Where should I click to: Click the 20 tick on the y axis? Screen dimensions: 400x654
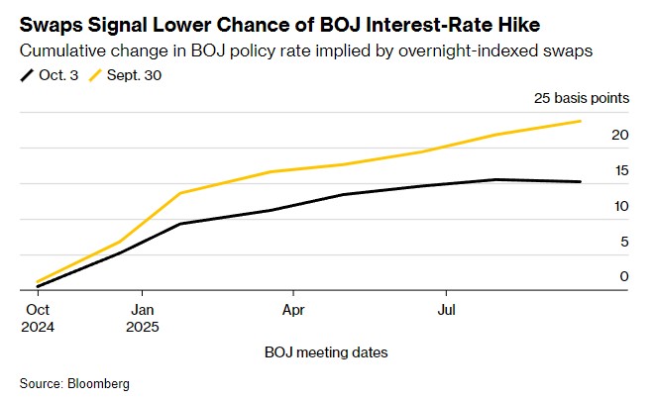tap(622, 136)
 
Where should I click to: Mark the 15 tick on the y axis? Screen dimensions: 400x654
tap(622, 171)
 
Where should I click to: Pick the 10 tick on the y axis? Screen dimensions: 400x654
tap(622, 206)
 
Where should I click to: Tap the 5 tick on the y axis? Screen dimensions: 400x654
tap(624, 242)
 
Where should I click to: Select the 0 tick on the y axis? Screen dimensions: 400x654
tap(624, 276)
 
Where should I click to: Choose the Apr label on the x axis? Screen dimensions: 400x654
tap(293, 309)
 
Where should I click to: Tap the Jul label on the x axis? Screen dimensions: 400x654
tap(446, 309)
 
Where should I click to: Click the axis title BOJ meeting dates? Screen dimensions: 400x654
tap(326, 352)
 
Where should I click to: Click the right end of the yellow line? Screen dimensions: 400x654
tap(581, 121)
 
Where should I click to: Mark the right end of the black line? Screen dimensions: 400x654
tap(581, 181)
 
